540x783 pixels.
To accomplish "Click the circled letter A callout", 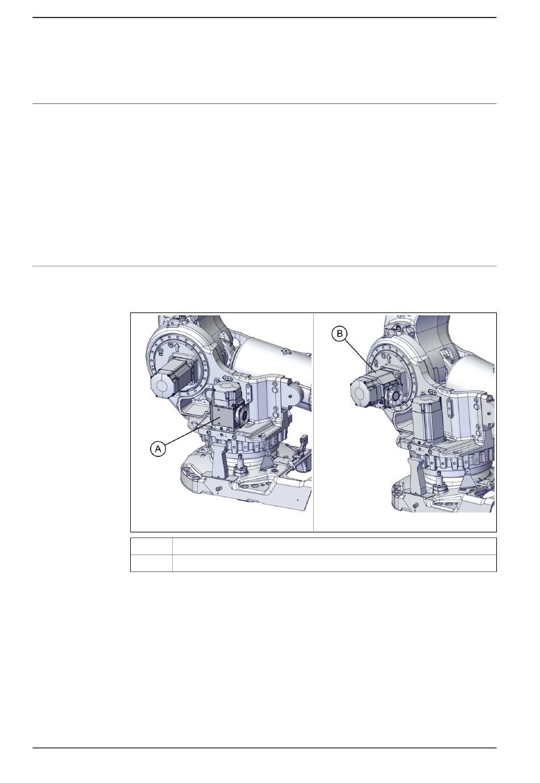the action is (158, 448).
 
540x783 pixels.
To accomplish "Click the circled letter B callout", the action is (339, 334).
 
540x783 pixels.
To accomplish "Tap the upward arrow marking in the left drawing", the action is (177, 347).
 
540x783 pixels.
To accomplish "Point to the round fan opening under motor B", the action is (395, 396).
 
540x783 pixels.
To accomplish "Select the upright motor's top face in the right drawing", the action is (427, 399).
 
